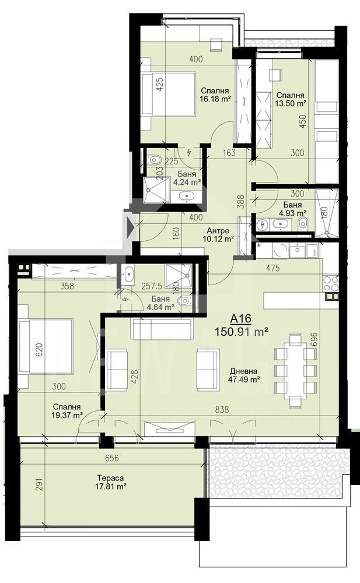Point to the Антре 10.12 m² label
pos(218,234)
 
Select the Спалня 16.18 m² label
pos(215,95)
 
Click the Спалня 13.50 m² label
pos(291,99)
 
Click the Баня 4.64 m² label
pos(160,303)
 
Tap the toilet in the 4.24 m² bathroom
pos(154,159)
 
